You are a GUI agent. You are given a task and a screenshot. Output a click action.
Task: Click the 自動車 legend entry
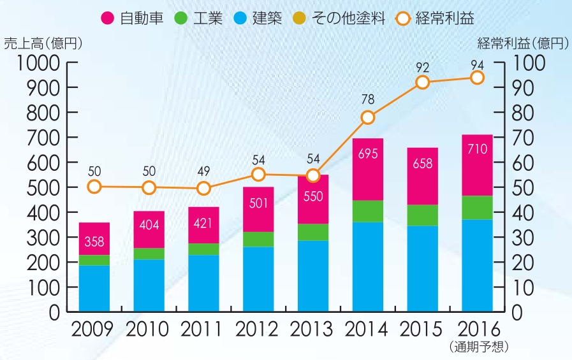pos(130,17)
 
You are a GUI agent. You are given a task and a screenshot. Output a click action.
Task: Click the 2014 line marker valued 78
pos(368,117)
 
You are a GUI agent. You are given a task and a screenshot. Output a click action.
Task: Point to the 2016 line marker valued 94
pos(477,77)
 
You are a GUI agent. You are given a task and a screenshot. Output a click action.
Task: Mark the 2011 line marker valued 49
pos(204,188)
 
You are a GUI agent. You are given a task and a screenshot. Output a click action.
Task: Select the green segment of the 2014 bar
pos(368,211)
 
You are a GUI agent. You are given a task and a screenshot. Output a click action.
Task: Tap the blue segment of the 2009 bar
pos(94,288)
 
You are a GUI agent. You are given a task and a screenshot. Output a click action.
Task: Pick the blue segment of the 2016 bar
pos(477,266)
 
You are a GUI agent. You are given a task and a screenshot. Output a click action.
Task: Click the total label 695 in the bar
pos(368,155)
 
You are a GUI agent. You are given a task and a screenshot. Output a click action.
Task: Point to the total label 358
pos(94,241)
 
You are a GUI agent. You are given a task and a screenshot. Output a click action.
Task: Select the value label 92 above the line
pos(422,66)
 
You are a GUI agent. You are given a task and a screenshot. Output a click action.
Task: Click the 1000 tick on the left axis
pos(40,62)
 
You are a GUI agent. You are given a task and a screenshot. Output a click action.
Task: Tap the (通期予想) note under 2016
pos(478,347)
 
